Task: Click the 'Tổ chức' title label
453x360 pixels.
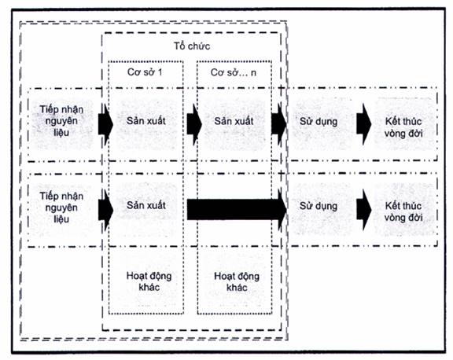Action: click(192, 46)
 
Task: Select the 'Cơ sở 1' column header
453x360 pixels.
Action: click(145, 72)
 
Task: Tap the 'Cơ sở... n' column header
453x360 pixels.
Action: click(234, 72)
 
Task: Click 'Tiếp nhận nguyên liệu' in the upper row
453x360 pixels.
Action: click(61, 121)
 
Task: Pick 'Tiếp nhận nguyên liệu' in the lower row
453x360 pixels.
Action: click(61, 208)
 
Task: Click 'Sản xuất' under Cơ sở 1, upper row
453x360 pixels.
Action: click(146, 121)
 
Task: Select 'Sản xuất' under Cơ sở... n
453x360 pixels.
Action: click(234, 121)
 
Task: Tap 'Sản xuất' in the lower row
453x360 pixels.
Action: click(146, 205)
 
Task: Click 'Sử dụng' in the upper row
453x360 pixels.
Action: click(319, 122)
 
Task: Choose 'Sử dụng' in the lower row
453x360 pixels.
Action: click(319, 206)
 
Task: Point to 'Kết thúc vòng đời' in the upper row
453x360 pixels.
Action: click(403, 127)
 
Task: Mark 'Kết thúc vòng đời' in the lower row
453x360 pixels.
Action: click(403, 211)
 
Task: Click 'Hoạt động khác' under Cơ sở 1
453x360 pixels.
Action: click(149, 281)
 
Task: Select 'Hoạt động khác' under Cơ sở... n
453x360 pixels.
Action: click(237, 281)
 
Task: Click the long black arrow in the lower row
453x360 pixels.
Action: click(237, 210)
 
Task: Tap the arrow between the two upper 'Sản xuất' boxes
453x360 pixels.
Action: click(194, 124)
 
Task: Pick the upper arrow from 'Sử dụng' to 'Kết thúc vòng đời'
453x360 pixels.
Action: click(363, 124)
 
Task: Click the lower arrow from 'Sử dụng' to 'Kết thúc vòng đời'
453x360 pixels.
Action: click(363, 210)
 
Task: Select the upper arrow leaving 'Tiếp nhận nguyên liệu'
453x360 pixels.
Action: click(105, 124)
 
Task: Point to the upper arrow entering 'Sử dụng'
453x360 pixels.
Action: click(278, 124)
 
